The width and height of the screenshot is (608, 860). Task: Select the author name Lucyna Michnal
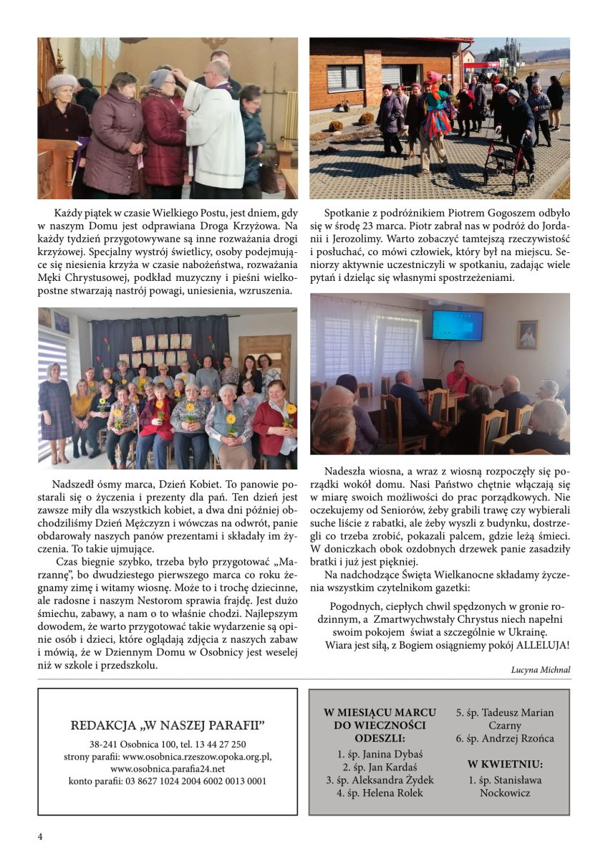click(x=541, y=669)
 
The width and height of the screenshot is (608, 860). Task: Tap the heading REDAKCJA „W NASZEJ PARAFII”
click(x=168, y=725)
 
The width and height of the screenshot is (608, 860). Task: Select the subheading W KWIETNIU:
click(x=505, y=764)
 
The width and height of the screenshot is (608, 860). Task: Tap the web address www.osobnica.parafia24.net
click(x=168, y=768)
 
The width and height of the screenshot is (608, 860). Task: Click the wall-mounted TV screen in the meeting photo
click(x=457, y=326)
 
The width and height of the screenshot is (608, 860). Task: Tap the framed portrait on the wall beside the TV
click(x=528, y=335)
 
